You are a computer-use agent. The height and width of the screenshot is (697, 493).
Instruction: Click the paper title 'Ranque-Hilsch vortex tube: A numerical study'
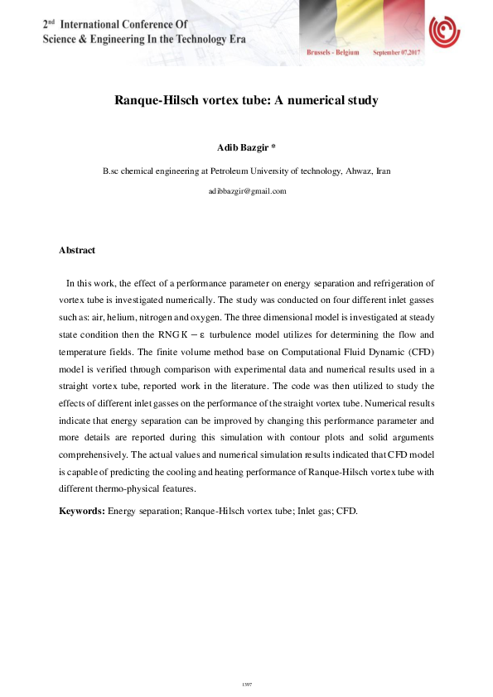coord(246,100)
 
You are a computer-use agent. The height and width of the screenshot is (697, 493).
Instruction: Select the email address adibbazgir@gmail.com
coord(247,191)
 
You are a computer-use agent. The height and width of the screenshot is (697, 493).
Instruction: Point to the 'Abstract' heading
coord(77,250)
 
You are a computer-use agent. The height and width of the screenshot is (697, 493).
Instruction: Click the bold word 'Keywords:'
coord(82,511)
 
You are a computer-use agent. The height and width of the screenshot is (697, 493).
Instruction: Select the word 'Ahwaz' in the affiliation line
coord(354,171)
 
